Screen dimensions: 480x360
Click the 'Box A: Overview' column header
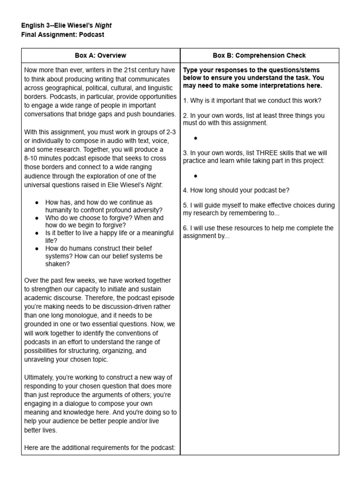(100, 55)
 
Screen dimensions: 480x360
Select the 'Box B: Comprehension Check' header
(259, 55)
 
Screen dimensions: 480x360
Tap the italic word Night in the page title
(103, 25)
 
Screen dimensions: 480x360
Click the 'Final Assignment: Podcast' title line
(63, 35)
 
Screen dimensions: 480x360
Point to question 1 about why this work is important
(252, 100)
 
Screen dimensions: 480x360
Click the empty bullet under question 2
(195, 138)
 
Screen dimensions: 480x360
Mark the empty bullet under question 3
(195, 176)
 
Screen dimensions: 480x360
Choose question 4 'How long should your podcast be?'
(236, 190)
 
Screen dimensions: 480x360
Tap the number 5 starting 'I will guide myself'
(185, 205)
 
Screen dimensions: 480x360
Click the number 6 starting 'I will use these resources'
(185, 228)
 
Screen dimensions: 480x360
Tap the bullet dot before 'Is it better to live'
(37, 233)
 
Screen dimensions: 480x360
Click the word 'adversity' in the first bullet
(148, 210)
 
